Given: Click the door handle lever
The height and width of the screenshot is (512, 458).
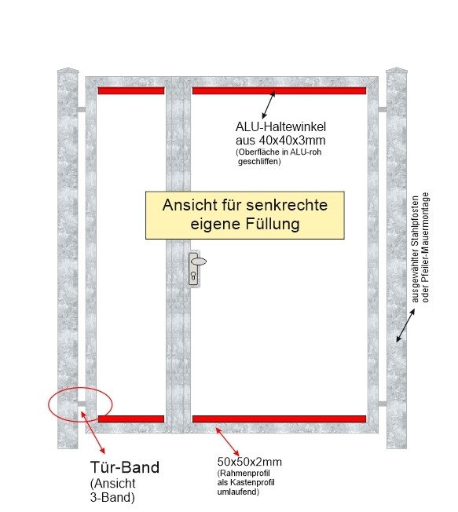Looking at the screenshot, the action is point(199,261).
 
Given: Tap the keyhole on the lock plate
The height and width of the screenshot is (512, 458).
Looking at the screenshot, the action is point(194,276).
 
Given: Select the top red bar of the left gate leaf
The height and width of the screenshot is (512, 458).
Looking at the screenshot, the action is point(131,91).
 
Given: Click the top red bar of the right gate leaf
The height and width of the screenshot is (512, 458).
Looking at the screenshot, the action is point(280,91).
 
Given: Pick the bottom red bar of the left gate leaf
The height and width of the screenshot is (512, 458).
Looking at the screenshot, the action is point(131,419).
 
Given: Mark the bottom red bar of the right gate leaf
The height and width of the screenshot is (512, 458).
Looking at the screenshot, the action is point(280,419).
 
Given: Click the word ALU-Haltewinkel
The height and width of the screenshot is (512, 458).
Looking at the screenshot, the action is point(280,126).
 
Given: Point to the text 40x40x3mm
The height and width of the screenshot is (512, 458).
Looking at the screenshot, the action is point(292,140).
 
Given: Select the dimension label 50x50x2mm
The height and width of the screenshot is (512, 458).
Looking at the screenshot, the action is point(250,462).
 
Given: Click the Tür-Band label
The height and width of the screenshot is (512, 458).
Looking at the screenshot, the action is point(125,467).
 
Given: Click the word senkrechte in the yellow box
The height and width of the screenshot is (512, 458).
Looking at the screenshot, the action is point(287,205).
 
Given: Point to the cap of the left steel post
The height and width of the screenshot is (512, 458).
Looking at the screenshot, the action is point(68,70).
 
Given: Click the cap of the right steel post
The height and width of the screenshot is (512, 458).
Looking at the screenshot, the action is point(396,70).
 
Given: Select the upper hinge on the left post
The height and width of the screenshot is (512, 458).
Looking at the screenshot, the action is point(82,109).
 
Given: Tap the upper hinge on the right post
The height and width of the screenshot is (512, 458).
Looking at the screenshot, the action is point(383,109).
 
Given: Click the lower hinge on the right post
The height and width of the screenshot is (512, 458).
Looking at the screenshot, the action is point(383,404).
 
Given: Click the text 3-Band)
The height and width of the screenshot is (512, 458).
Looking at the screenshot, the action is point(112,497).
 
